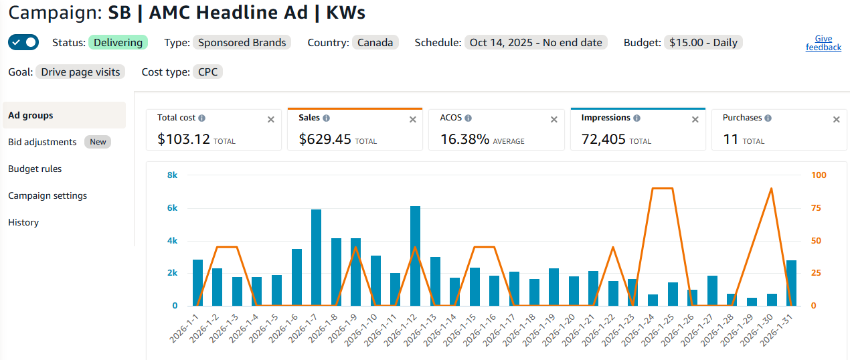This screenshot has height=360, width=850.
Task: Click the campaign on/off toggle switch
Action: point(23,42)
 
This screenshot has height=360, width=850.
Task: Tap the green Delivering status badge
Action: point(118,42)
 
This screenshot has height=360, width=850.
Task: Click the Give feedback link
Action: point(823,43)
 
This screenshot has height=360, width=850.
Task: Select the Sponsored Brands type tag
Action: point(242,42)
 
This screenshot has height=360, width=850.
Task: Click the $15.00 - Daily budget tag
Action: point(703,42)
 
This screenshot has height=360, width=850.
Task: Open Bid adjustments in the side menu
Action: point(42,142)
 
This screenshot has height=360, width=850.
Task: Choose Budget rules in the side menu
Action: point(35,169)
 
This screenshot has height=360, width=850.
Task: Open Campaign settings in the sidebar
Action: point(48,195)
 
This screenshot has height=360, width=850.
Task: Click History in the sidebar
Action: point(23,222)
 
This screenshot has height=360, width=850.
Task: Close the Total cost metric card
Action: point(270,120)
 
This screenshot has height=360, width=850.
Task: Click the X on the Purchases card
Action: point(836,120)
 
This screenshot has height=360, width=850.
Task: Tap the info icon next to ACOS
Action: point(469,118)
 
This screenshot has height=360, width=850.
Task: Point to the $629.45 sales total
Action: point(325,139)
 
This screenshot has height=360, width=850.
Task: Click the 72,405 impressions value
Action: point(603,139)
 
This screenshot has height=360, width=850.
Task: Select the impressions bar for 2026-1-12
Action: point(415,256)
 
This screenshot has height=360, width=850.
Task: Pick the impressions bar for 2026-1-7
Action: point(316,258)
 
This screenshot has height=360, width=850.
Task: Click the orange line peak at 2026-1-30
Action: point(771,188)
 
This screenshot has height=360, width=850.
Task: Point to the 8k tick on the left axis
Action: point(172,175)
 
